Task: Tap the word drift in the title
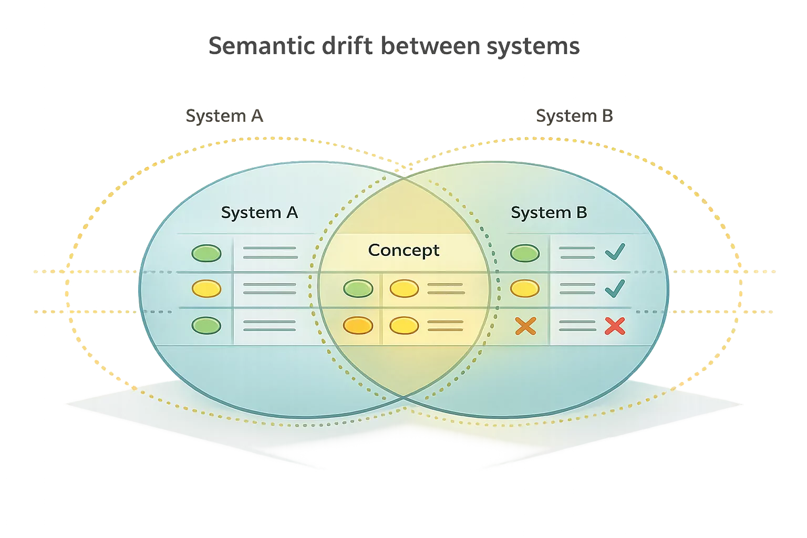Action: click(x=347, y=46)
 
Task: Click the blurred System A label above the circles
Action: click(x=224, y=116)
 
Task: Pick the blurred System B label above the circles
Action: click(x=574, y=116)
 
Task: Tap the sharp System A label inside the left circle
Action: click(x=259, y=213)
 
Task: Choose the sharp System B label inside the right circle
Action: click(x=549, y=213)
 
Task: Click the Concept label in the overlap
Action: click(x=403, y=250)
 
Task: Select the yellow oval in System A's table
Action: click(x=206, y=288)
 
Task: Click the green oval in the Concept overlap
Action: click(x=358, y=288)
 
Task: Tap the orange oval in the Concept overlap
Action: click(x=358, y=326)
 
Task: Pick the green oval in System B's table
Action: click(x=525, y=253)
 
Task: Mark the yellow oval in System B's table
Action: click(x=525, y=288)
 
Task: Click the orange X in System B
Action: click(x=525, y=326)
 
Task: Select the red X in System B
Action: click(x=615, y=326)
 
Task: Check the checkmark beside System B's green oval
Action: click(x=615, y=252)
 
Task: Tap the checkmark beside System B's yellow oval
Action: click(x=615, y=288)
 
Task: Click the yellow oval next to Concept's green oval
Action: click(x=404, y=288)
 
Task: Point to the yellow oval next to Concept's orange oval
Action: click(x=404, y=326)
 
